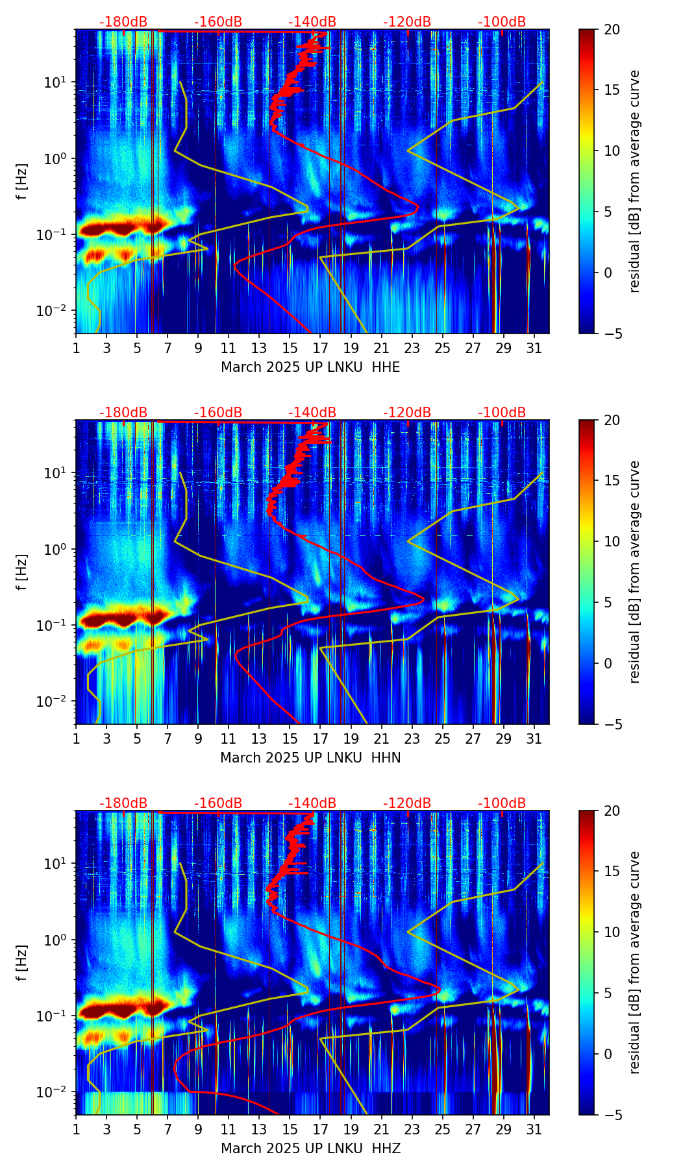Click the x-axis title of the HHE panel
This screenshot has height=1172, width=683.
click(310, 367)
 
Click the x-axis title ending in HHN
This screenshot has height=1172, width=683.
click(310, 758)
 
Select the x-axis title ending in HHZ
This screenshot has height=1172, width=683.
click(310, 1149)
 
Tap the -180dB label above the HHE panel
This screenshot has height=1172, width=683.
click(123, 22)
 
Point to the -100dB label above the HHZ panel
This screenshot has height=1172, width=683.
click(502, 803)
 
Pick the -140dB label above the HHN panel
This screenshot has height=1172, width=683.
click(312, 413)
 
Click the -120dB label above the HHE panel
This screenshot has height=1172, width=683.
click(407, 22)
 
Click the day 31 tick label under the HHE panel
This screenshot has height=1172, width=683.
click(534, 348)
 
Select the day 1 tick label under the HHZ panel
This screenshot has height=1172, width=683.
click(76, 1130)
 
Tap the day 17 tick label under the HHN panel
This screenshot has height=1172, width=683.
click(320, 739)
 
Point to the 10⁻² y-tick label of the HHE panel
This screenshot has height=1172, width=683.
click(60, 311)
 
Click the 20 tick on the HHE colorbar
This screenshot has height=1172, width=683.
click(611, 29)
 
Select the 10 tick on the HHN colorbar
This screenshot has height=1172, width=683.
click(611, 541)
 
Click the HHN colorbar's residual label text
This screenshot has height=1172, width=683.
click(634, 572)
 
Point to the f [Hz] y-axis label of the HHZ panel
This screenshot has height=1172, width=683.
click(22, 962)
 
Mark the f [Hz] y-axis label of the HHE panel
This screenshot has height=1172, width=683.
click(22, 181)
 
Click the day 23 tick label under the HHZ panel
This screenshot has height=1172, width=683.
click(412, 1130)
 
